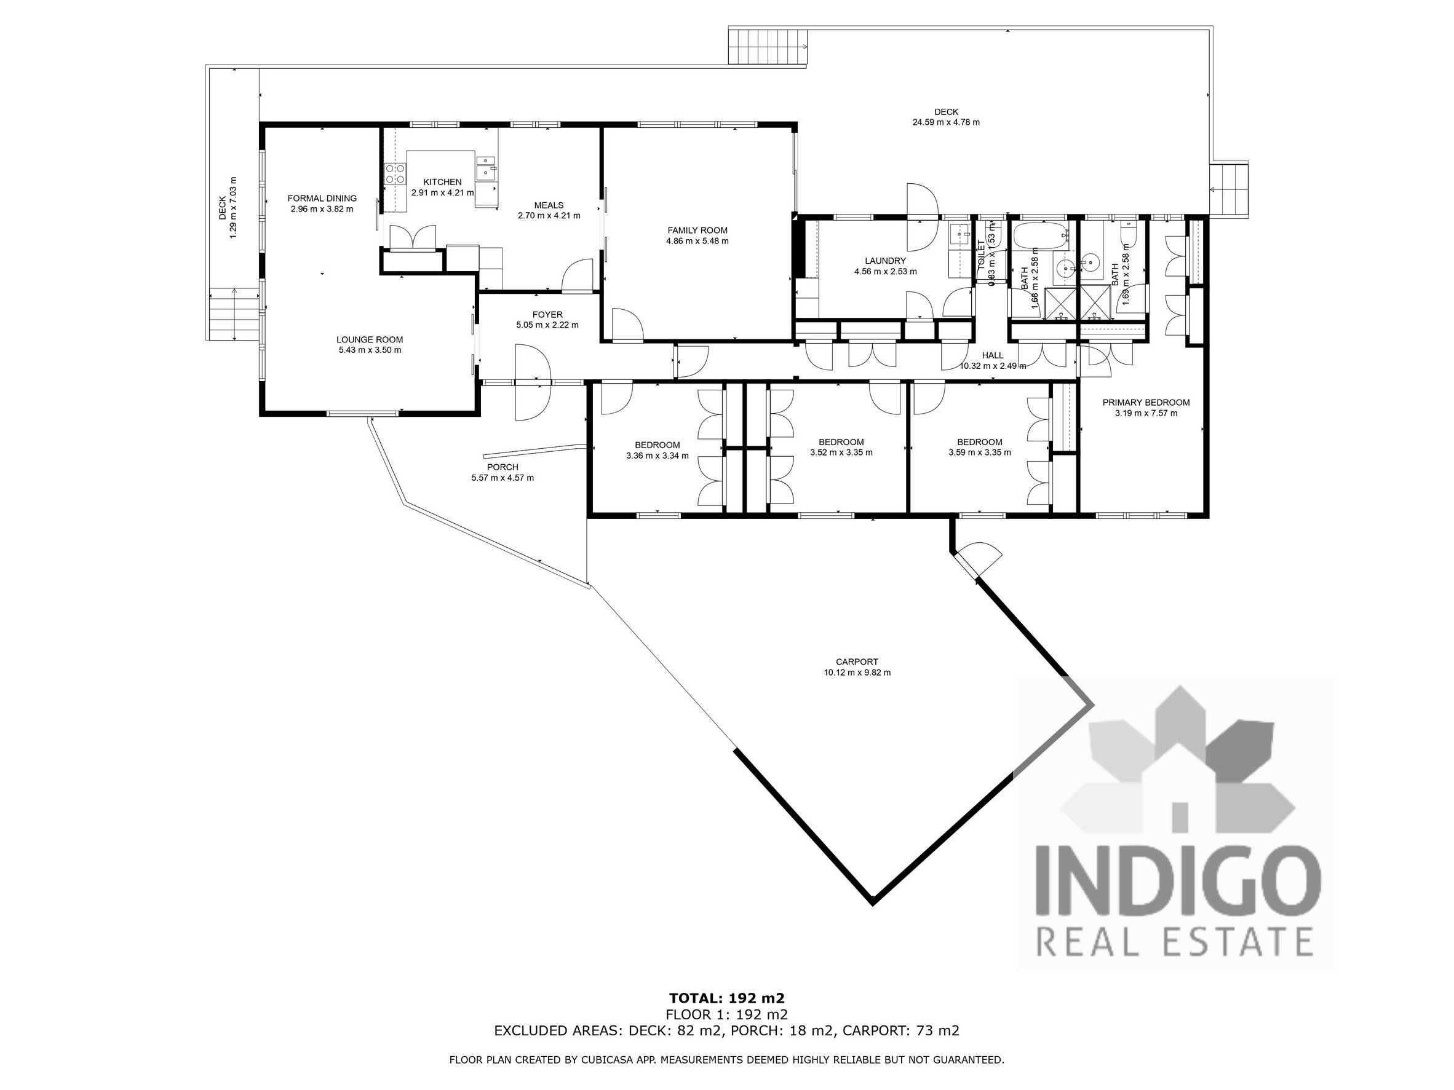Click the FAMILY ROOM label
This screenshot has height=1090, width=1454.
(x=697, y=230)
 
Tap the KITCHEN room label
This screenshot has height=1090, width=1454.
(x=442, y=182)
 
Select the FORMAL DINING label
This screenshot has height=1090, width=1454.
(x=322, y=198)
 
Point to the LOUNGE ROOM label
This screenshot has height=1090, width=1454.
(x=370, y=340)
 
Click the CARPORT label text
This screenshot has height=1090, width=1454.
(x=857, y=662)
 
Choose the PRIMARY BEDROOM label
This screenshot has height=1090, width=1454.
(x=1146, y=403)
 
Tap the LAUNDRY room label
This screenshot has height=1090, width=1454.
(x=884, y=261)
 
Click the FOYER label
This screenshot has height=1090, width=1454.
(x=547, y=315)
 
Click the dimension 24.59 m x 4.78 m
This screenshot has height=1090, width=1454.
(x=945, y=122)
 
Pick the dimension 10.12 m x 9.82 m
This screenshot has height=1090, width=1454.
(x=857, y=673)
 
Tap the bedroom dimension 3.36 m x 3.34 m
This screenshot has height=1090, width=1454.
(x=657, y=456)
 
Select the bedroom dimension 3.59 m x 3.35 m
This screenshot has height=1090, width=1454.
(x=979, y=452)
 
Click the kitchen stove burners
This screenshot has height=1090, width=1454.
(x=394, y=173)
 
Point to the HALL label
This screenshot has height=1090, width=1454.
(x=992, y=355)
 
